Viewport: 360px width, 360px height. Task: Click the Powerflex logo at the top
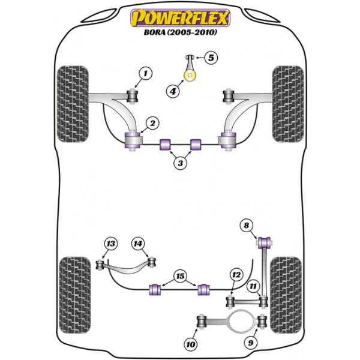coord(180,17)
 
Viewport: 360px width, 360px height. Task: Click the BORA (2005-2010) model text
coord(180,32)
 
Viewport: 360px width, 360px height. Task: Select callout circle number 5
coord(211,58)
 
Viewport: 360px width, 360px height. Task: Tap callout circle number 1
coord(146,73)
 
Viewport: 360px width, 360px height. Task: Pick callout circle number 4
coord(173,92)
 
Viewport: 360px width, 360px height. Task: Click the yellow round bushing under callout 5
coord(190,76)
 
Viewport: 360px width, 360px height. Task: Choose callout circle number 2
coord(152,123)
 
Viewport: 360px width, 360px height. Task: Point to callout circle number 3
coord(181,163)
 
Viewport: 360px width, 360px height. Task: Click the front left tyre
coord(73,104)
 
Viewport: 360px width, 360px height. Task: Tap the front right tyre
coord(288,104)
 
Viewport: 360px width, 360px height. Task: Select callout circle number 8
coord(247,225)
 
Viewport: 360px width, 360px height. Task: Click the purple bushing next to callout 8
coord(265,242)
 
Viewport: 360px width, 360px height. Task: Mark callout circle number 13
coord(111,244)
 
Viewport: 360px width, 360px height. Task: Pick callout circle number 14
coord(138,244)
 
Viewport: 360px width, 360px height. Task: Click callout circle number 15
coord(180,276)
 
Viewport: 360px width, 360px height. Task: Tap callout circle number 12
coord(236,275)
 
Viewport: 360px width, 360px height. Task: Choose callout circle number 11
coord(253,286)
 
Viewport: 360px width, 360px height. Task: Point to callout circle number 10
coord(191,344)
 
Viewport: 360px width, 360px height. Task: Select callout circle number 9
coord(251,343)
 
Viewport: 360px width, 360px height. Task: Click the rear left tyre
coord(75,295)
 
